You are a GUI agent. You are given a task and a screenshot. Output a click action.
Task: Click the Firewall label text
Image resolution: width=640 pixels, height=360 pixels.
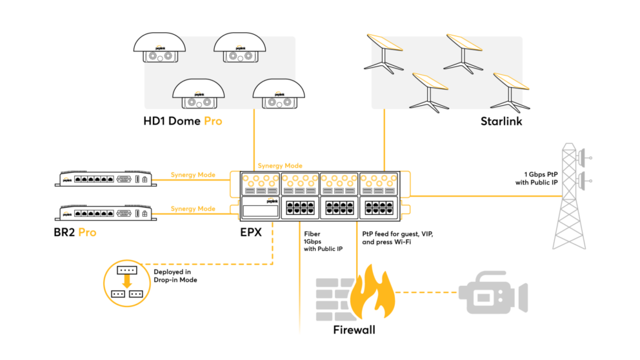(x=354, y=330)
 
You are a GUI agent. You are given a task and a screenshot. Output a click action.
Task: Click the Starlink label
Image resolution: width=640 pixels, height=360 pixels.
(x=501, y=121)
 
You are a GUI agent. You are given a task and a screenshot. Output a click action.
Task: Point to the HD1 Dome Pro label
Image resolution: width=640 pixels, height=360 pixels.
(x=183, y=121)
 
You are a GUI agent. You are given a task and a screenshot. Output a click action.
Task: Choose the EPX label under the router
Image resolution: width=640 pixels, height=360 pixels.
(x=250, y=232)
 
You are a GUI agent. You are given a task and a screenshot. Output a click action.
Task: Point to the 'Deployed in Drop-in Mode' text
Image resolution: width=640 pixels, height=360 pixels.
(x=175, y=275)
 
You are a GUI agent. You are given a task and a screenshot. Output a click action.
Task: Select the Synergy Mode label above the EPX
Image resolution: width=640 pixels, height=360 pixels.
(x=279, y=166)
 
